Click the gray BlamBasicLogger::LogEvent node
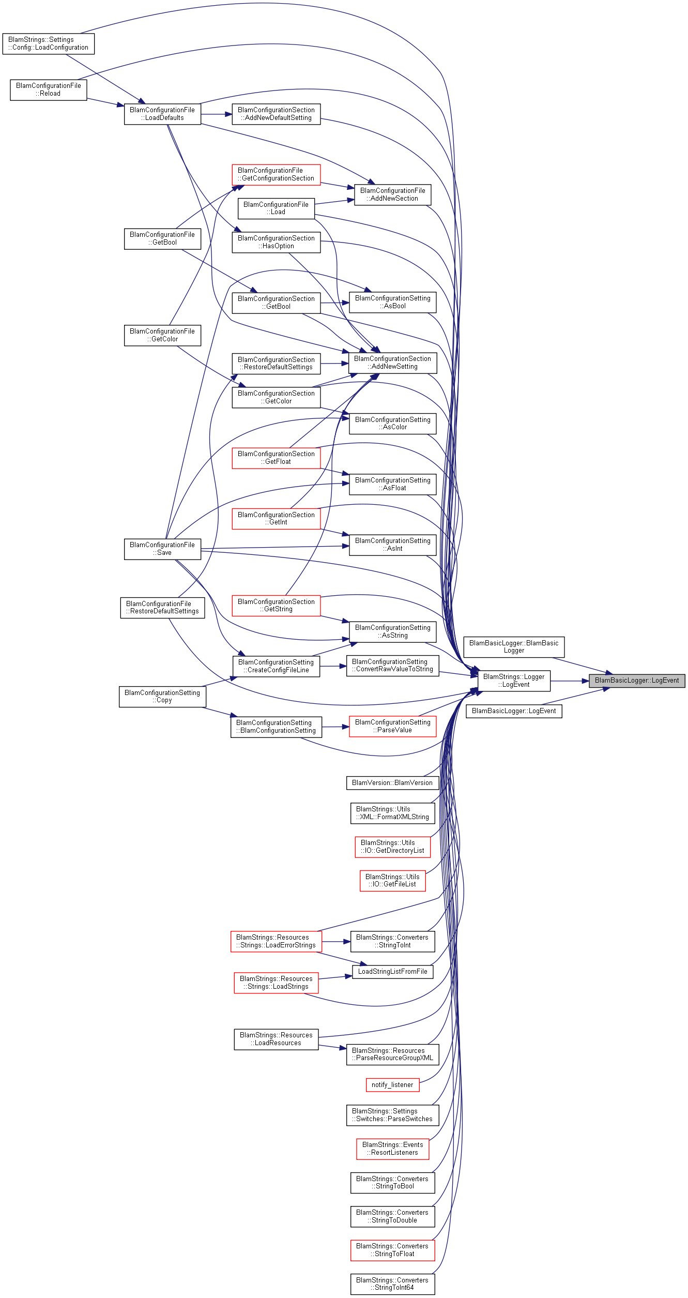coord(637,681)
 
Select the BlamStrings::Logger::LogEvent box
coord(514,681)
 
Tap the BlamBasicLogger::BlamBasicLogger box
coord(514,647)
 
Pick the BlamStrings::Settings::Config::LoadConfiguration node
coord(49,43)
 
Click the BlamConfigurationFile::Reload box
coord(49,89)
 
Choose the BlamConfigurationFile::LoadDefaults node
coord(162,114)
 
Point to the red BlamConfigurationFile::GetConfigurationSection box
coord(276,174)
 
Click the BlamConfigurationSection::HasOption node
coord(276,242)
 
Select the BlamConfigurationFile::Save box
coord(162,549)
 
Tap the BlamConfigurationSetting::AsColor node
coord(393,424)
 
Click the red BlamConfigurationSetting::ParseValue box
coord(393,726)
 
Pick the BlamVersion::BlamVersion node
coord(392,783)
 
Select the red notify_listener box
coord(392,1085)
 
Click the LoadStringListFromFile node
coord(392,972)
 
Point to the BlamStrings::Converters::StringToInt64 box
coord(392,1284)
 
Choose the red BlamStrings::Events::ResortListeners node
coord(392,1149)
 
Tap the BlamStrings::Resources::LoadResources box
coord(276,1039)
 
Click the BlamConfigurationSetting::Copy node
coord(162,697)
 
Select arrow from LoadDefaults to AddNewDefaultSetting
coord(216,114)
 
